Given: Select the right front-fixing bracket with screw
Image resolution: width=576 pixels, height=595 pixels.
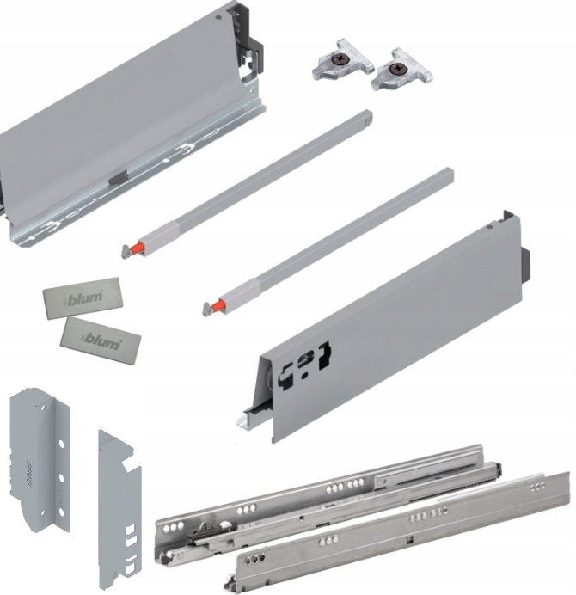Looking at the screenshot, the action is [402, 70].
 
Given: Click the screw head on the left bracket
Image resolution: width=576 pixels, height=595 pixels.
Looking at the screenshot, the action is [336, 59].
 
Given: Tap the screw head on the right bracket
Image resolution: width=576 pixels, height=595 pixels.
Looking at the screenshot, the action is [396, 69].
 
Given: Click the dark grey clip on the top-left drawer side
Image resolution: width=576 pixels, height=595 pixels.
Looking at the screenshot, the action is [118, 178].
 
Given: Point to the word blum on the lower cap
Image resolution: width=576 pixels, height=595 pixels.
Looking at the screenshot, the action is [101, 340].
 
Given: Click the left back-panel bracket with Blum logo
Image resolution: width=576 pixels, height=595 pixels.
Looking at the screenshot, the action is [40, 459].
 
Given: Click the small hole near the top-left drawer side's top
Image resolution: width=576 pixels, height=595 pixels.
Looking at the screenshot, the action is [217, 17].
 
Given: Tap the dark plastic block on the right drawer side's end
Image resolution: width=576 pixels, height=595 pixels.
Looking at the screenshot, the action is [525, 264].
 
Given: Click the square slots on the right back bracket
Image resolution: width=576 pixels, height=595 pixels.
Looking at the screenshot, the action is [131, 548].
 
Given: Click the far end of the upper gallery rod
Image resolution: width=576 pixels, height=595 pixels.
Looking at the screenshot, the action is [367, 114].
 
